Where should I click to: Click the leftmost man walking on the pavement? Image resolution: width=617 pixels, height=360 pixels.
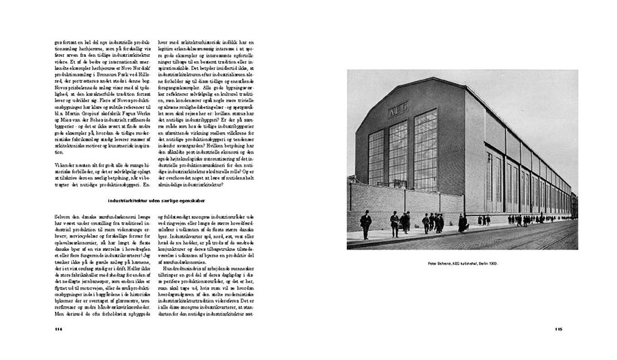click(366, 224)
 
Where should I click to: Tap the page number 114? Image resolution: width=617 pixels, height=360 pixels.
click(58, 328)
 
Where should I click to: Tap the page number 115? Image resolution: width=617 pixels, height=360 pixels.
click(558, 328)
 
